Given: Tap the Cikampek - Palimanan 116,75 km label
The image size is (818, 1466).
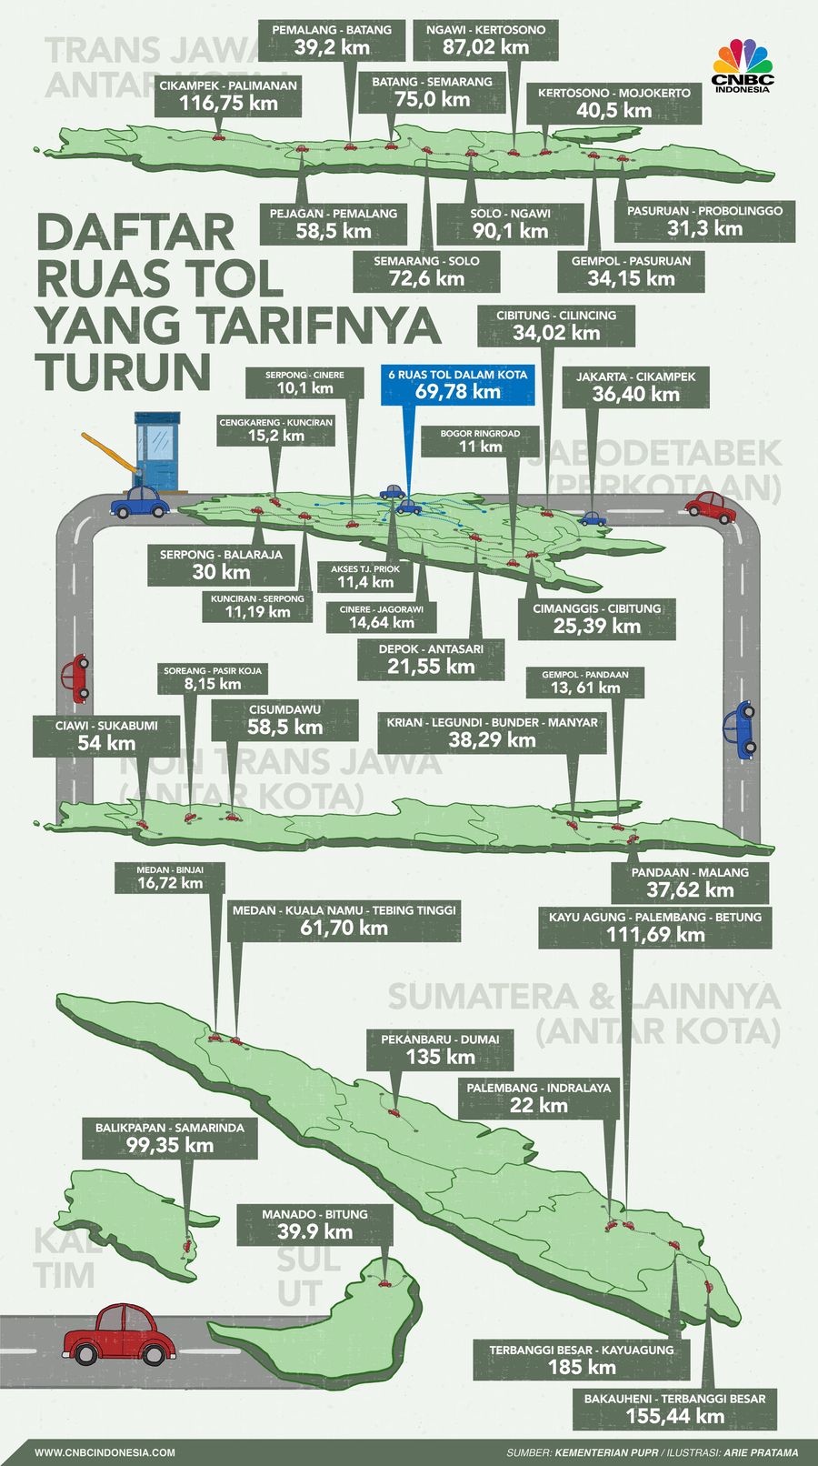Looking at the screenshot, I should click(227, 95).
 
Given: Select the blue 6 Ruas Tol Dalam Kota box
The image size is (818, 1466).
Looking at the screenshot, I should click(458, 384).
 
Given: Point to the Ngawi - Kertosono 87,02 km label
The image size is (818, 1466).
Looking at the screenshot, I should click(485, 39).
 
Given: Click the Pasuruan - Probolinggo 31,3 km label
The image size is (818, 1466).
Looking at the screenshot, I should click(704, 220).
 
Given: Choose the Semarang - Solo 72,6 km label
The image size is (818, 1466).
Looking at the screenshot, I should click(426, 270).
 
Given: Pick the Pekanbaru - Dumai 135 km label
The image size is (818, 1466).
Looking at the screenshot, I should click(440, 1049).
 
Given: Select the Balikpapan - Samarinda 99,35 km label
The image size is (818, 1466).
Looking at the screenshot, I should click(170, 1137).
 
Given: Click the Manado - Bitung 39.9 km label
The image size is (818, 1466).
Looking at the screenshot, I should click(314, 1224).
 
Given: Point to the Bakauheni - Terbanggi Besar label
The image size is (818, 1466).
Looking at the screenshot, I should click(674, 1407).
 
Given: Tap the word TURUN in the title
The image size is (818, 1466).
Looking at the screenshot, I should click(124, 370).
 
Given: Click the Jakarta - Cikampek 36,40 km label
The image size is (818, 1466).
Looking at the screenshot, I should click(635, 386).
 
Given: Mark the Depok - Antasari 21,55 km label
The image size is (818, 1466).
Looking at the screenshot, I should click(431, 658).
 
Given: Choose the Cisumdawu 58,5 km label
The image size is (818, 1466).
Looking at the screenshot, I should click(284, 718).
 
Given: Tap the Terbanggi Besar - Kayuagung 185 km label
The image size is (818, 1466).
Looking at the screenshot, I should click(582, 1359).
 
